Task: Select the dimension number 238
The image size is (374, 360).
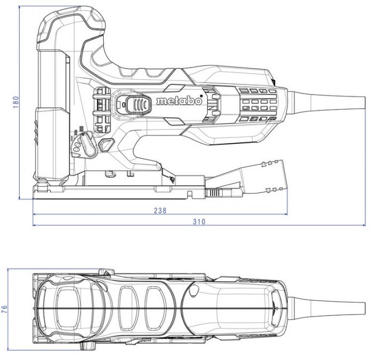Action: (160, 210)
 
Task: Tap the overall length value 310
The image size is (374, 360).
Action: (199, 221)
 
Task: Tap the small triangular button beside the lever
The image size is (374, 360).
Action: (106, 144)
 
